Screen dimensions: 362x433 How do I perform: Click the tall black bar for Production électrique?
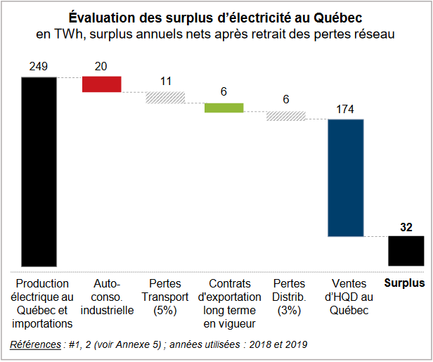pyautogui.click(x=39, y=171)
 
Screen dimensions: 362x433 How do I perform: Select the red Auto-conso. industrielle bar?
pyautogui.click(x=102, y=84)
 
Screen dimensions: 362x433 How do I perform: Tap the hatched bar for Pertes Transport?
pyautogui.click(x=165, y=98)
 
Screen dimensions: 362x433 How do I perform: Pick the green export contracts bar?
pyautogui.click(x=224, y=108)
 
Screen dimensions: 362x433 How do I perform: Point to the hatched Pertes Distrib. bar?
pyautogui.click(x=285, y=115)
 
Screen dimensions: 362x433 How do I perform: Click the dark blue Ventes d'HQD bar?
pyautogui.click(x=346, y=178)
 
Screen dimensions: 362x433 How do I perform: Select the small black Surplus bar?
pyautogui.click(x=406, y=251)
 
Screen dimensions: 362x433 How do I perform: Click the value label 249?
pyautogui.click(x=39, y=67)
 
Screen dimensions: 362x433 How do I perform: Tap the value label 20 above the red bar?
pyautogui.click(x=101, y=67)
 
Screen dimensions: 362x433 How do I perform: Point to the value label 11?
pyautogui.click(x=166, y=81)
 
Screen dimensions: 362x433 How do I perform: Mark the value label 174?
pyautogui.click(x=345, y=109)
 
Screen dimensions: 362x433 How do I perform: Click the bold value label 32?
pyautogui.click(x=406, y=226)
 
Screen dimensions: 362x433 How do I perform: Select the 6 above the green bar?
pyautogui.click(x=224, y=92)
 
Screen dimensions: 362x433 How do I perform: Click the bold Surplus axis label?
pyautogui.click(x=405, y=284)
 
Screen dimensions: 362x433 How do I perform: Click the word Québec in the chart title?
pyautogui.click(x=335, y=16)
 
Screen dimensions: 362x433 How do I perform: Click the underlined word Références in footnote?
pyautogui.click(x=35, y=344)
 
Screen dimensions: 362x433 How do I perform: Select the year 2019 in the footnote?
pyautogui.click(x=295, y=344)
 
